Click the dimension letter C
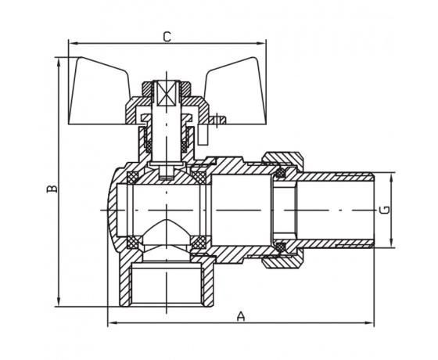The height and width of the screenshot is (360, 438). click(167, 37)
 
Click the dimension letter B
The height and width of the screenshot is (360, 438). click(52, 189)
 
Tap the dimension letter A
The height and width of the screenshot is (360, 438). click(241, 316)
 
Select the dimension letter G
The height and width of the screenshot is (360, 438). click(385, 210)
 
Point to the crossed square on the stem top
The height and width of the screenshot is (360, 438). click(167, 93)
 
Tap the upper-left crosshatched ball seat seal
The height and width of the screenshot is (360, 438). click(132, 178)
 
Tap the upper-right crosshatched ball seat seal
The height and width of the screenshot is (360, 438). click(199, 178)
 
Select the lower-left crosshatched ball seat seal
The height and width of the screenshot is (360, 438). click(132, 243)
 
